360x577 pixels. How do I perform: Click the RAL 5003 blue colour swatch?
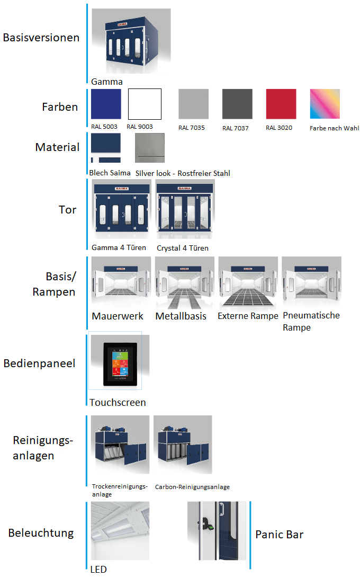click(106, 104)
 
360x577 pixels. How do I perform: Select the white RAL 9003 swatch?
click(145, 104)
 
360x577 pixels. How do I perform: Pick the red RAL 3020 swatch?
click(281, 104)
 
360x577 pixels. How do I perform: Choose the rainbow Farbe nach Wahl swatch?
click(325, 104)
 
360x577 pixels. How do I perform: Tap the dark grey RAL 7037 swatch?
click(237, 104)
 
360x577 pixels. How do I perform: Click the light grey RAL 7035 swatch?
click(193, 104)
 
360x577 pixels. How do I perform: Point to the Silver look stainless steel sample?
click(150, 148)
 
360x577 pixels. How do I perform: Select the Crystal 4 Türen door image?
click(185, 210)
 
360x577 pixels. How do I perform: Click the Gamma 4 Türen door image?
click(121, 210)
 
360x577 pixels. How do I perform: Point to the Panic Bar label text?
click(280, 534)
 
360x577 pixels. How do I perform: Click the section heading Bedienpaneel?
click(39, 364)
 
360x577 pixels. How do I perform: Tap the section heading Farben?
click(60, 107)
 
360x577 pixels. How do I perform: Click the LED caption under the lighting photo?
click(98, 570)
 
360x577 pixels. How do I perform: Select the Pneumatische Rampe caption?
click(311, 321)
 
